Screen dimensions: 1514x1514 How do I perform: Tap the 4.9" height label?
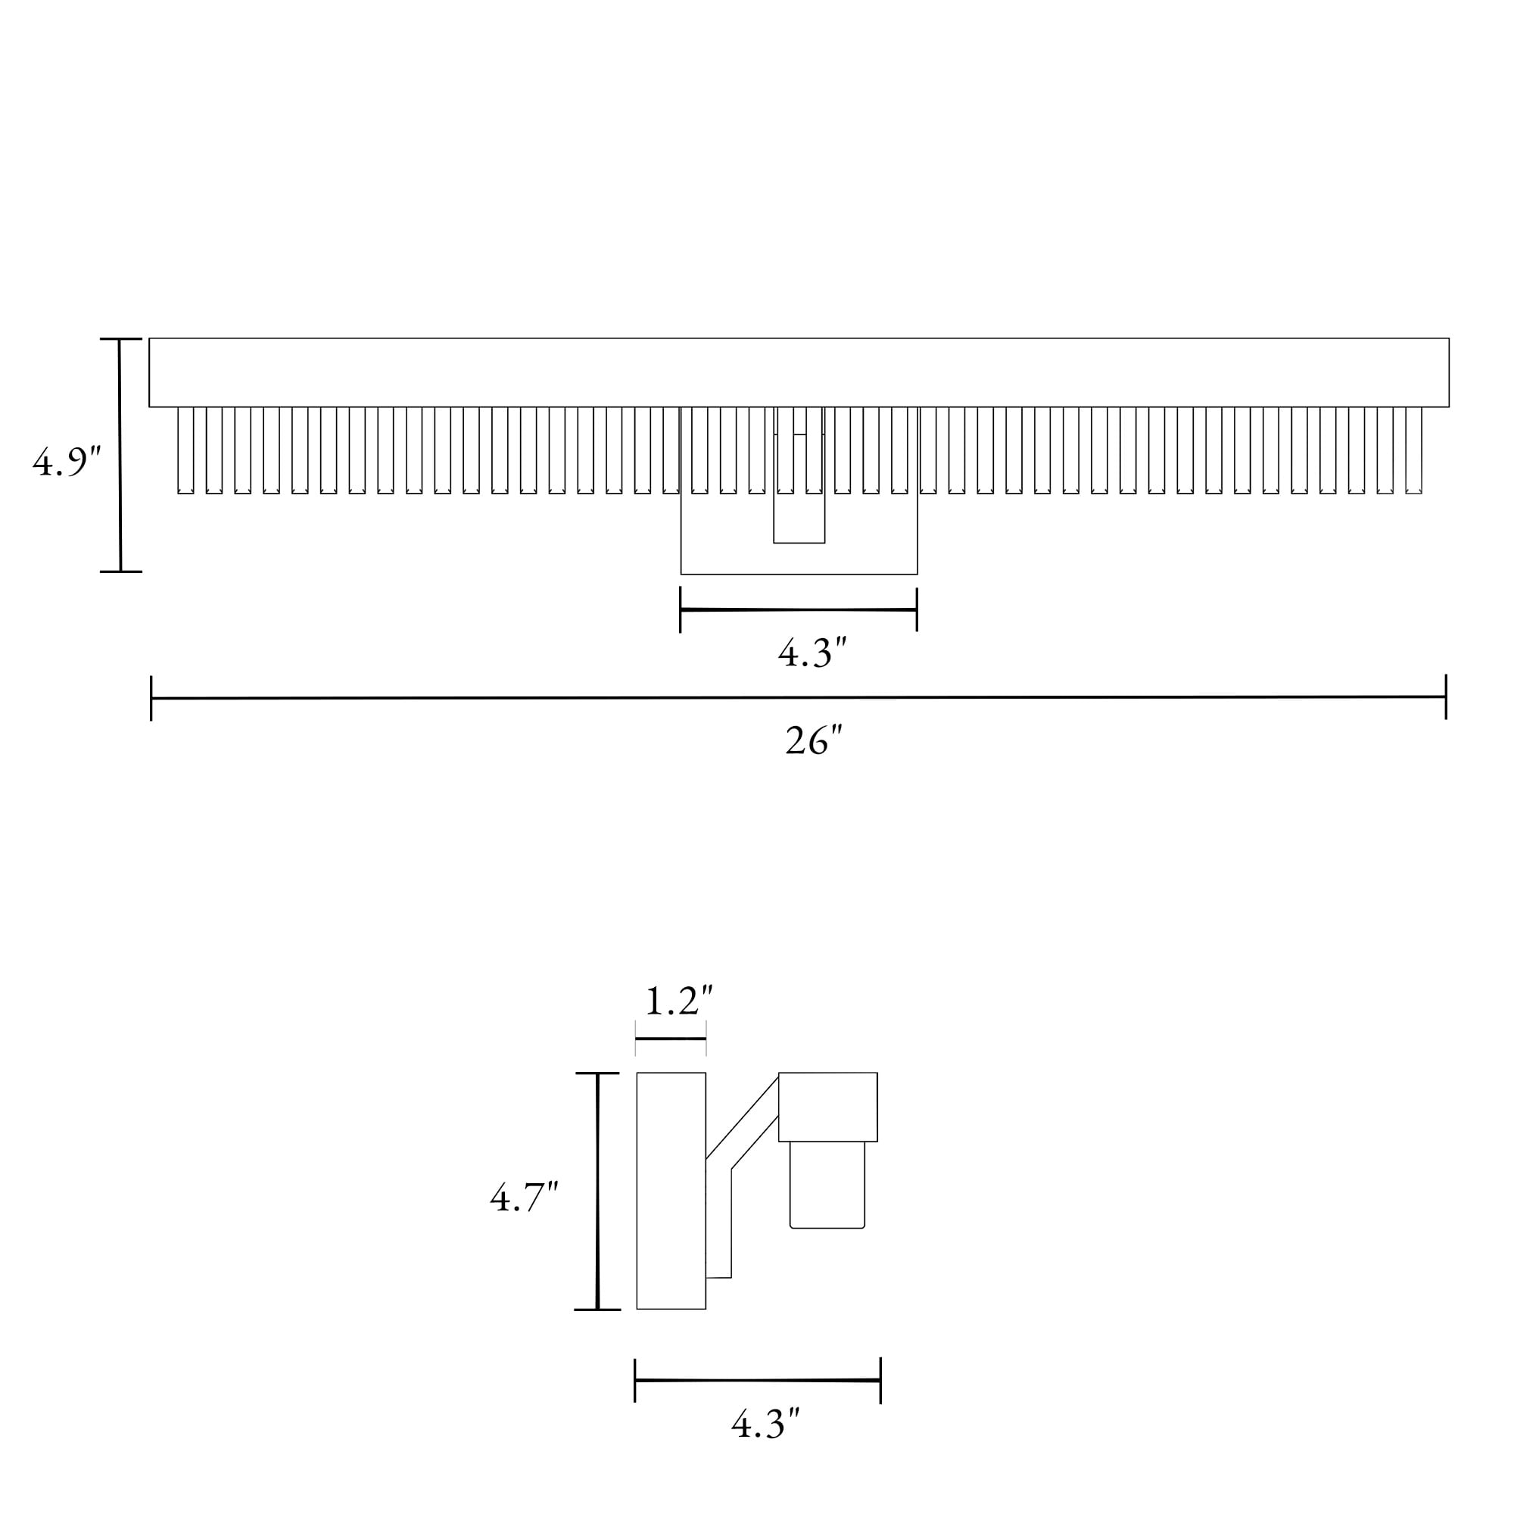(x=67, y=463)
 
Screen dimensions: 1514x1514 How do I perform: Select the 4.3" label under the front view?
(x=812, y=653)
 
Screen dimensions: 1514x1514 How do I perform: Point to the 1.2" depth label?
(x=678, y=1001)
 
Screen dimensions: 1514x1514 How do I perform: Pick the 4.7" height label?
(x=524, y=1198)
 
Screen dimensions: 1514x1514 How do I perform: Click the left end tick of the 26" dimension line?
(x=151, y=698)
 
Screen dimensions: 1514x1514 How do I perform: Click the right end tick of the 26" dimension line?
(x=1446, y=696)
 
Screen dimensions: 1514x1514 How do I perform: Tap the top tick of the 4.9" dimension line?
(x=120, y=339)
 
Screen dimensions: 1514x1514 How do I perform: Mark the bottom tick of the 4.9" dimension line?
(x=120, y=572)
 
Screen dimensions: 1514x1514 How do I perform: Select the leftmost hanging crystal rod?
(x=185, y=450)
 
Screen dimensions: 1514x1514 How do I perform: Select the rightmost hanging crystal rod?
(x=1413, y=450)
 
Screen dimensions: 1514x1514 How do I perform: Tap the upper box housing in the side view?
(x=827, y=1107)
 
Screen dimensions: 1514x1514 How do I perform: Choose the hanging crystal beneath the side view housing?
(x=827, y=1184)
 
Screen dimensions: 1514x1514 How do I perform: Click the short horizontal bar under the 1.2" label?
(x=671, y=1039)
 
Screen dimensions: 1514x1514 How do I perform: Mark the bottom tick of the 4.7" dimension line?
(x=597, y=1310)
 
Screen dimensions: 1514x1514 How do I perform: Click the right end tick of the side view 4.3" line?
(x=881, y=1381)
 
